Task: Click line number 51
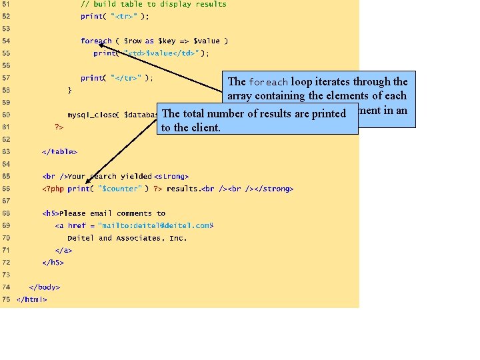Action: (x=6, y=4)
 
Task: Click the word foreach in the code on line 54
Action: (x=96, y=41)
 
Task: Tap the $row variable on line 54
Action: (x=133, y=41)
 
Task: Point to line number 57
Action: (x=6, y=78)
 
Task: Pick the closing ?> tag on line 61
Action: (x=59, y=127)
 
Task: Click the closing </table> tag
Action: (x=59, y=151)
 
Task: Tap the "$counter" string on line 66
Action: (x=119, y=189)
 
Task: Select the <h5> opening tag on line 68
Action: (x=50, y=213)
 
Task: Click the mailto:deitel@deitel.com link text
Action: (x=153, y=226)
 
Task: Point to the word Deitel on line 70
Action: (x=81, y=238)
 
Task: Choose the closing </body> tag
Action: (x=44, y=287)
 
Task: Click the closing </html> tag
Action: (x=31, y=299)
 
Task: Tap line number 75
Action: (x=6, y=299)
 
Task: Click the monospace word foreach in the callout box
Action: (x=268, y=82)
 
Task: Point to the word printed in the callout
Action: (x=328, y=113)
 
